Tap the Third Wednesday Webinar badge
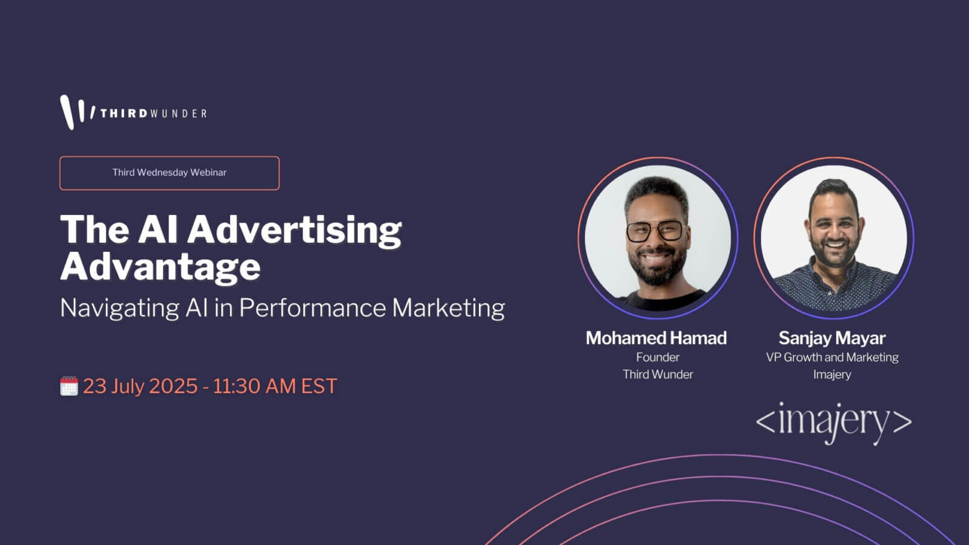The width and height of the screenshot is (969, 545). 170,173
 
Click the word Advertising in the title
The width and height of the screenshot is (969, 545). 294,231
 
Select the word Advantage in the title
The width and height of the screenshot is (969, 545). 160,267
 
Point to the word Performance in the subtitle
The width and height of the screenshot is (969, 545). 313,308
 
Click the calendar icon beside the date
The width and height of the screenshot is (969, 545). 69,386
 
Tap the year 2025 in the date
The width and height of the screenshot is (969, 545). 173,386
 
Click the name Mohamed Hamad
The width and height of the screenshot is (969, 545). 656,339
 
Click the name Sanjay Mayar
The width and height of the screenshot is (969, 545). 832,339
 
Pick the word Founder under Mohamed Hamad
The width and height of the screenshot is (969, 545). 658,357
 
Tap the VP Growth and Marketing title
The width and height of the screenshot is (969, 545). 832,357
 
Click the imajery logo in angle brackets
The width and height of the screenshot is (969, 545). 833,423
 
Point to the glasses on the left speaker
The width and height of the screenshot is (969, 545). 655,231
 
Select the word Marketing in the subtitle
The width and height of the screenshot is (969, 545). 449,308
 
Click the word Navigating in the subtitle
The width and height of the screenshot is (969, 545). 119,308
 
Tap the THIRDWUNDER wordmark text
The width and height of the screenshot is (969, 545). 154,114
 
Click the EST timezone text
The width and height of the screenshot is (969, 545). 319,386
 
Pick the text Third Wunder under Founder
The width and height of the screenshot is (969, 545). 658,375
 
